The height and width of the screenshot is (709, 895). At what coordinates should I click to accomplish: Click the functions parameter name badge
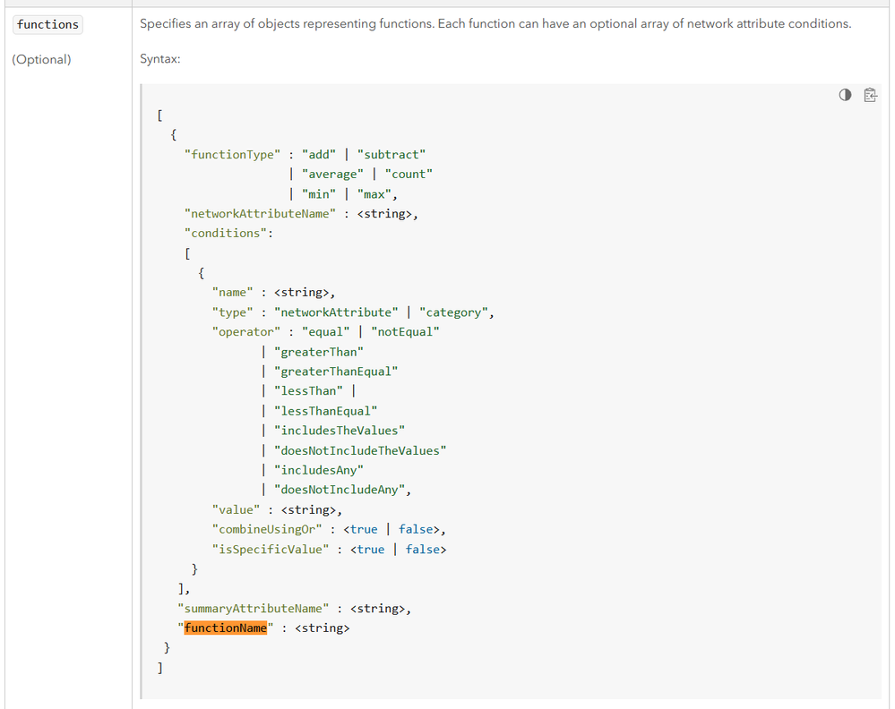pos(47,24)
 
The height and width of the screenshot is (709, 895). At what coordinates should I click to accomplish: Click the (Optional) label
pos(42,59)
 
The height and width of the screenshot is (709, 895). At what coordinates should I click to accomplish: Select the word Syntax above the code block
pos(159,59)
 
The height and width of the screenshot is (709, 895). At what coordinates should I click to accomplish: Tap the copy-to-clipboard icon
pos(870,95)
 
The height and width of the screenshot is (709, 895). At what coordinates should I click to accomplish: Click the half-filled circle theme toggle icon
pos(845,95)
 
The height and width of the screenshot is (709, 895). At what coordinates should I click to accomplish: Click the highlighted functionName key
pos(226,628)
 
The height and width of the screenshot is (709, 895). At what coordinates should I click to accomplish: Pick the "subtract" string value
pos(392,155)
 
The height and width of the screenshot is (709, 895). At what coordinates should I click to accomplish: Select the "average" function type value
pos(332,174)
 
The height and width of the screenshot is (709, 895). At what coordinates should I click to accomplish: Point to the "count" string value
pos(409,174)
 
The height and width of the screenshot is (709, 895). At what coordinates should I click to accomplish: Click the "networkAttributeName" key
pos(260,214)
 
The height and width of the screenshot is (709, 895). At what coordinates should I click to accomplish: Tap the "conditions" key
pos(226,234)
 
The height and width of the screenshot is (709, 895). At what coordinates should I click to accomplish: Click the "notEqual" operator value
pos(405,332)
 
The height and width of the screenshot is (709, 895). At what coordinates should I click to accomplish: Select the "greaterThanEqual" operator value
pos(336,372)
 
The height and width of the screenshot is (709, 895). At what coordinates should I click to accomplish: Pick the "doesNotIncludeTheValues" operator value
pos(360,450)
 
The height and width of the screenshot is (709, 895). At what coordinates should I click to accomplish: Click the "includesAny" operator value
pos(319,470)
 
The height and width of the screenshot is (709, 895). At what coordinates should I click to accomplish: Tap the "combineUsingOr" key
pos(267,529)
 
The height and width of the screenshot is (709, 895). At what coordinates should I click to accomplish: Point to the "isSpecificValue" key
pos(271,550)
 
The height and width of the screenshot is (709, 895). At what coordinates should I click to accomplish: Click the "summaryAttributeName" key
pos(254,609)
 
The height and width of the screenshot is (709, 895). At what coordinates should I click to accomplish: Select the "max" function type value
pos(374,194)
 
